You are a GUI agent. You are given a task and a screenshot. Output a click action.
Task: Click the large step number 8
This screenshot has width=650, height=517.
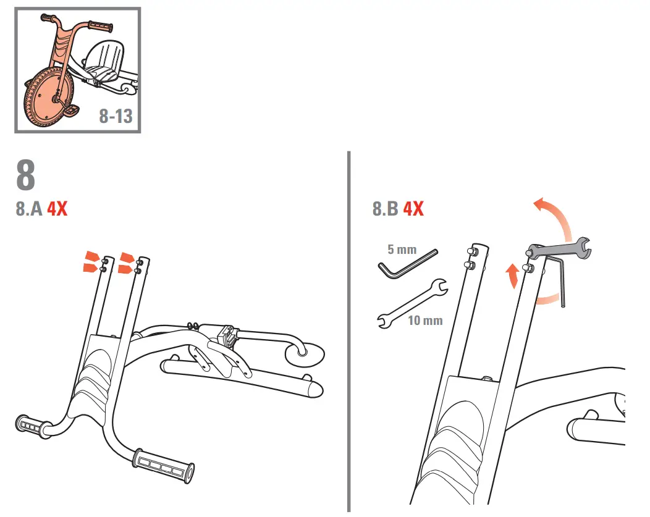(x=26, y=175)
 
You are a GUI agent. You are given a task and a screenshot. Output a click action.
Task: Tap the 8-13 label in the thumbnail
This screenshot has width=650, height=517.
(x=116, y=115)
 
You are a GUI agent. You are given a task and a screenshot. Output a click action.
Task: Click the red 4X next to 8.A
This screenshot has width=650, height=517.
(x=57, y=209)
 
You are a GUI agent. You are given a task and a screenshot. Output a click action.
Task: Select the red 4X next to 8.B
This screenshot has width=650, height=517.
(x=413, y=209)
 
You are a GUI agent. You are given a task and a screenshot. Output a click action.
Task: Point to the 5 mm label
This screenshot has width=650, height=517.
(x=402, y=250)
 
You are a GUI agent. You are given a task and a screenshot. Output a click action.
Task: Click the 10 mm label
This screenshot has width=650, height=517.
(x=425, y=321)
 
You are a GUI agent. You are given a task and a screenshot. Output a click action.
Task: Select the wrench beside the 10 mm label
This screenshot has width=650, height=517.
(x=411, y=303)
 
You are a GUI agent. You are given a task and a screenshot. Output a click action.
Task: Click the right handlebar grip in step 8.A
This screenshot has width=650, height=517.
(x=164, y=464)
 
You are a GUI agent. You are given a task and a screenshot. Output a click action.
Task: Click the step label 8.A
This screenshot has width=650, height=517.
(x=29, y=209)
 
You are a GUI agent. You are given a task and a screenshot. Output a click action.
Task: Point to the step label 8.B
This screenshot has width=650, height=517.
(x=386, y=209)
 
